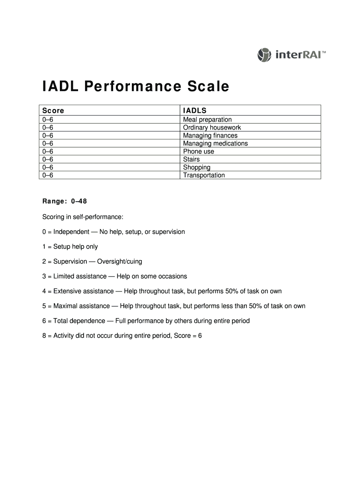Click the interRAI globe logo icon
(x=264, y=55)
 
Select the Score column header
(x=53, y=111)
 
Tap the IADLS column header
(x=195, y=111)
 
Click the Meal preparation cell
(x=207, y=120)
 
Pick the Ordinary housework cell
(x=212, y=128)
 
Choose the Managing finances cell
(x=210, y=136)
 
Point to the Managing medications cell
(x=215, y=144)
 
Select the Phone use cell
(x=198, y=152)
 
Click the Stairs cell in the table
(x=191, y=160)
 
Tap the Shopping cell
(x=196, y=167)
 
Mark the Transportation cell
(x=204, y=175)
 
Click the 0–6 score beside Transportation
(x=48, y=175)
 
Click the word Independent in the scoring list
(x=71, y=232)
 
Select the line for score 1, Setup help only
(x=70, y=247)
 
